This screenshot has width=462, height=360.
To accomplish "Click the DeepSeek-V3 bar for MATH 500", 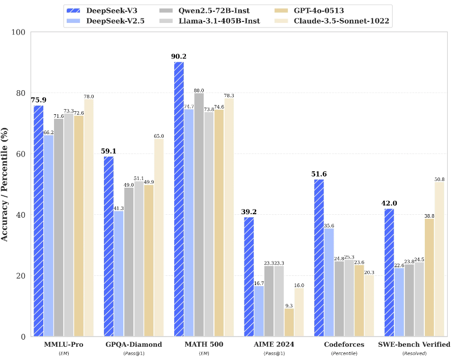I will point(179,199).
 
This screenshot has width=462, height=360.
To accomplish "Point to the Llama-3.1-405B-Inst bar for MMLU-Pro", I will point(69,225).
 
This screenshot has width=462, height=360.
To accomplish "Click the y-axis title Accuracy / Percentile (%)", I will point(5,184).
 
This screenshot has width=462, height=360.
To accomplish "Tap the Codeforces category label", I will point(344,345).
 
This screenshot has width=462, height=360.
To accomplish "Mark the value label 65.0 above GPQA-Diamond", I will point(159,136).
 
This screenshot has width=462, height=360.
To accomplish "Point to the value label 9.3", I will point(289,305).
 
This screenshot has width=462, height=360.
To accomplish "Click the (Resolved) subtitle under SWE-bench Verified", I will point(414,353).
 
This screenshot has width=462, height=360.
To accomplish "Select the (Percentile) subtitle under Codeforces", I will point(344,353).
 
